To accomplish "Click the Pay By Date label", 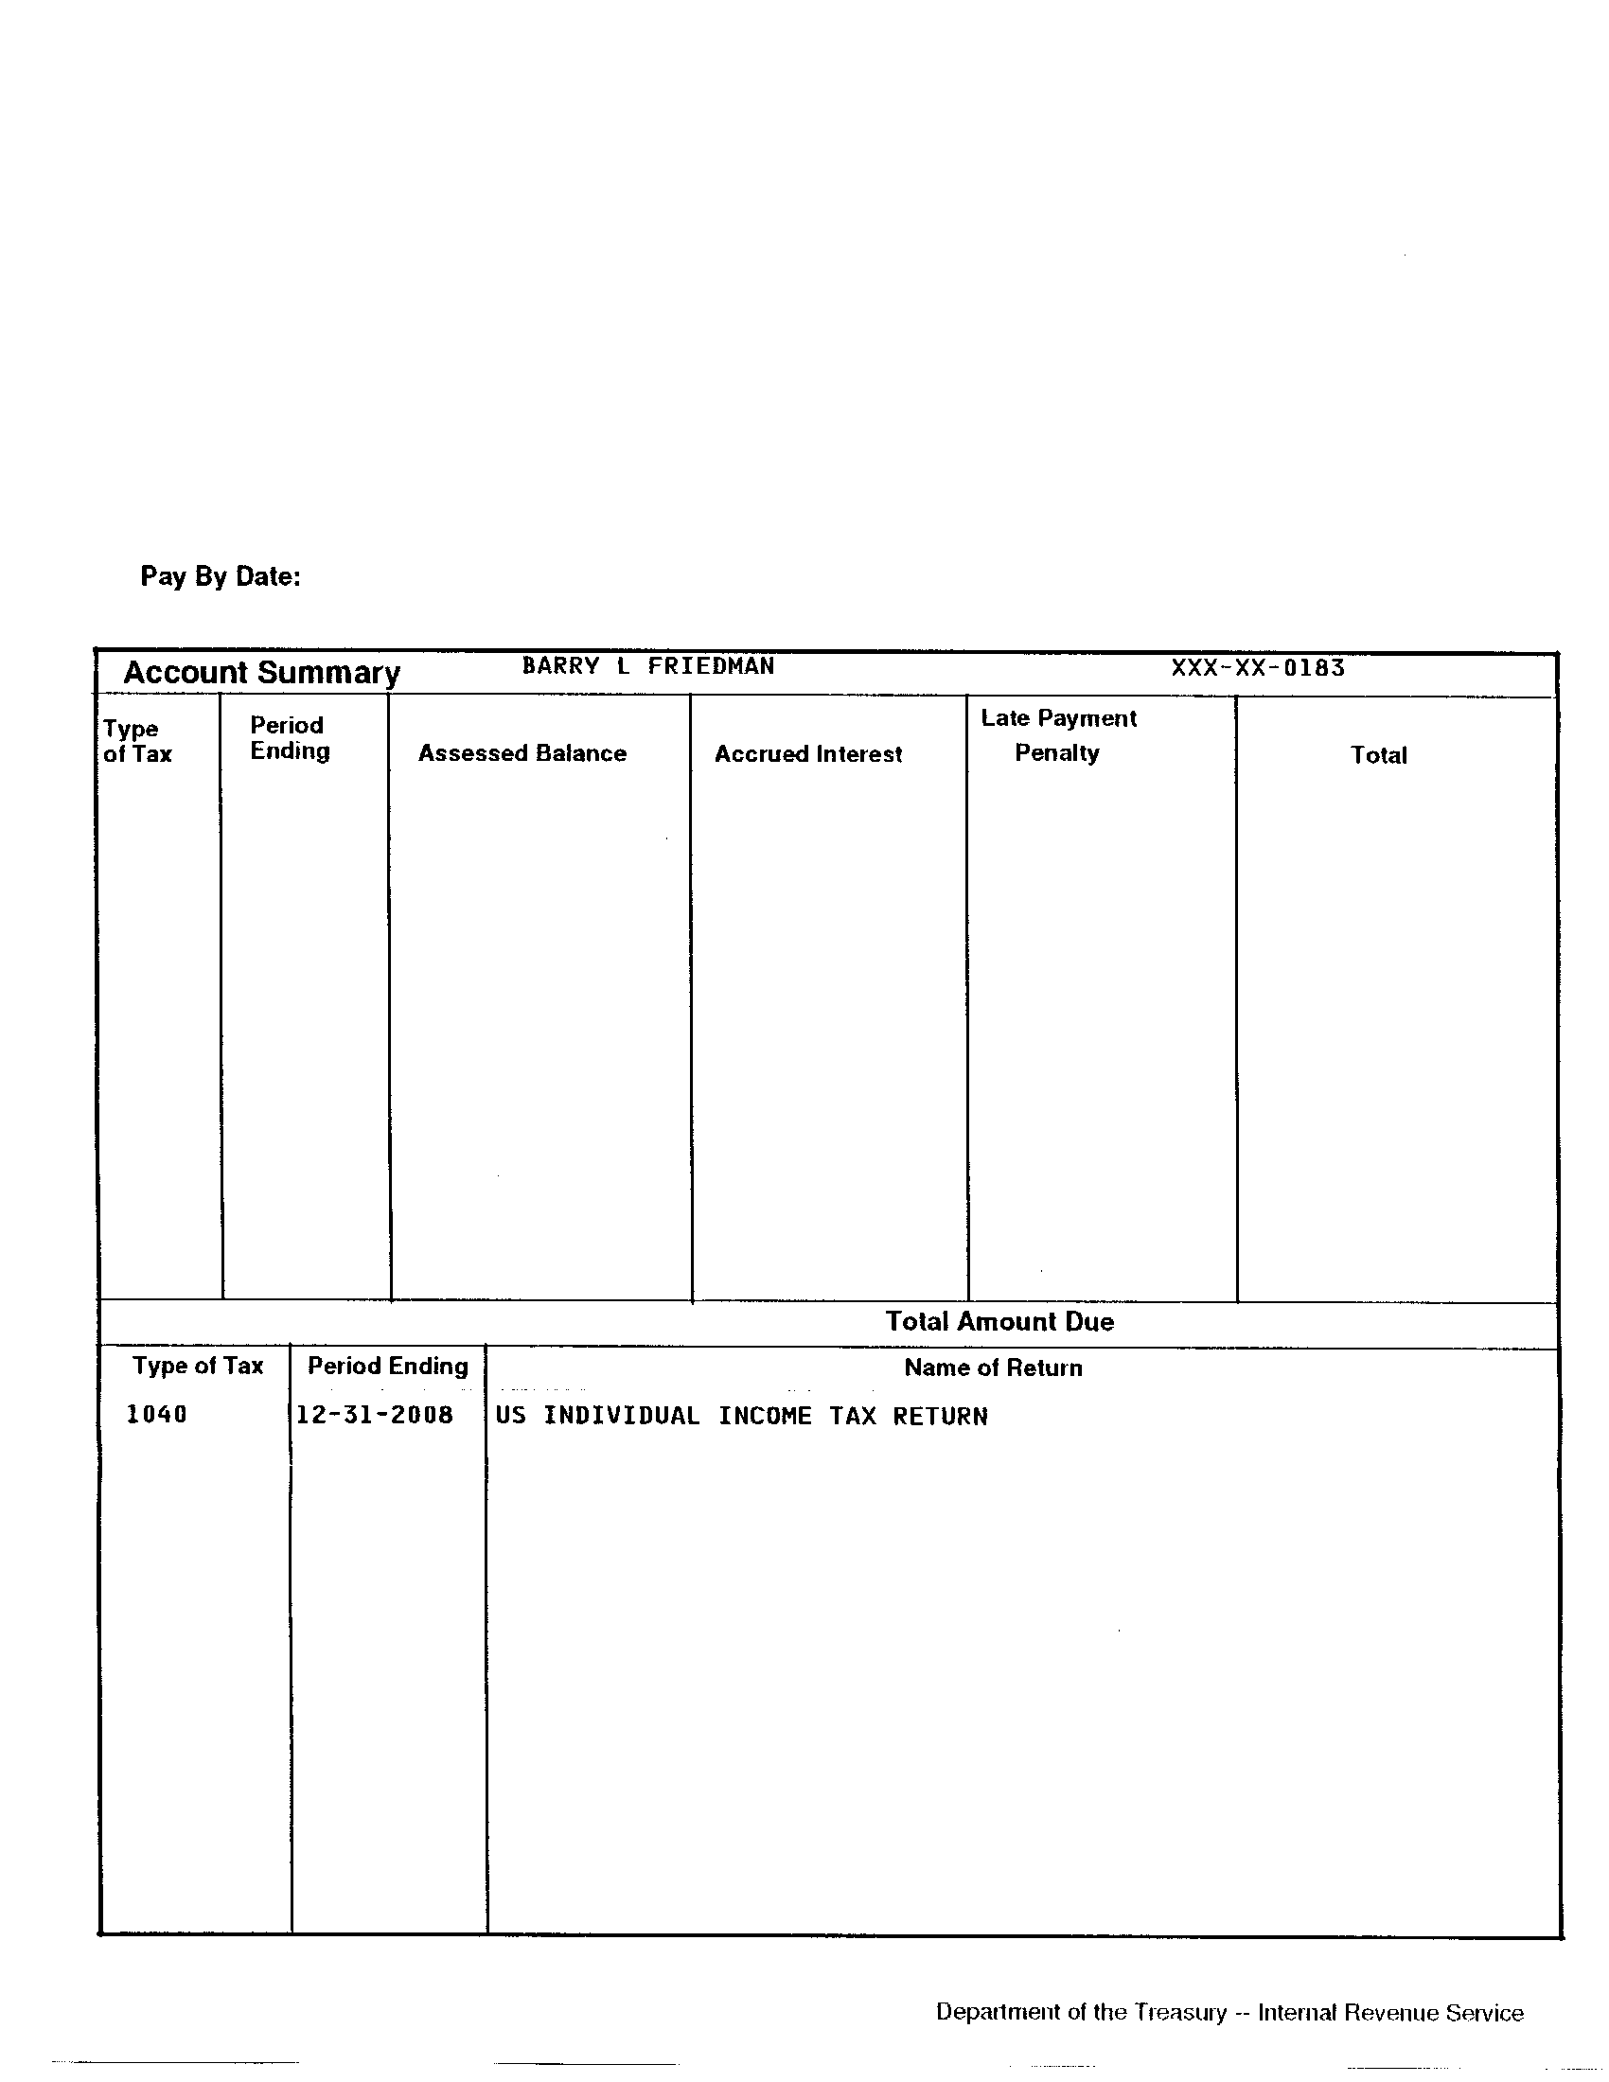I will coord(221,576).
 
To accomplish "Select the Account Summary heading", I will coord(261,673).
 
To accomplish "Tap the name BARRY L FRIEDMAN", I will coord(647,666).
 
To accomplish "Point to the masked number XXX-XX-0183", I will coord(1257,668).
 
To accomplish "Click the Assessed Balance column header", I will coord(522,753).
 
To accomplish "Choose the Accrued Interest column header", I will coord(808,754).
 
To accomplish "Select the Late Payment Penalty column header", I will coord(1058,735).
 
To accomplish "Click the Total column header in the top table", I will coord(1378,755).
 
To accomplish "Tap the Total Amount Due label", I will coord(999,1321).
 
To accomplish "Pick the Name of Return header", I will coord(993,1368).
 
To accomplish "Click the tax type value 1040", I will coord(156,1415).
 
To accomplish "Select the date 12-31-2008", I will coord(375,1415).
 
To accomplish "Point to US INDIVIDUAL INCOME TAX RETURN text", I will coord(742,1417).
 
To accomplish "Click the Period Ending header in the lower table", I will coord(388,1366).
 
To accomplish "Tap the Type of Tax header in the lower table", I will coord(197,1366).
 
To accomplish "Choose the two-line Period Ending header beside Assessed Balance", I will coord(289,738).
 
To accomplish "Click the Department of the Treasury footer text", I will coord(1081,2012).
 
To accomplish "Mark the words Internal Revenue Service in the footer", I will coord(1390,2013).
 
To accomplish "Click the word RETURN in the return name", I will coord(940,1417).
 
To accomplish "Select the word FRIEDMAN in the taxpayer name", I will coord(710,666).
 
